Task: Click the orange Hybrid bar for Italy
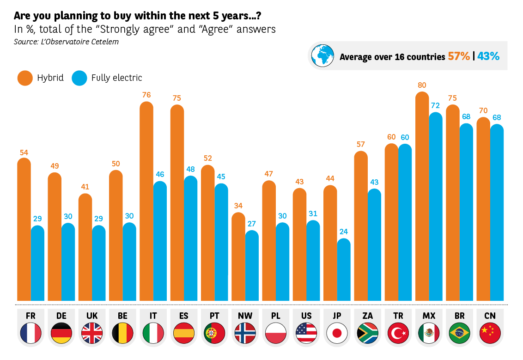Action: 146,201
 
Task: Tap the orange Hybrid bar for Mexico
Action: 422,196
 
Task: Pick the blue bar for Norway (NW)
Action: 252,266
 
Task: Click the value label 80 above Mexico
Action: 422,85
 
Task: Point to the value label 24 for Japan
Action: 344,232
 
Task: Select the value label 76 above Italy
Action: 146,95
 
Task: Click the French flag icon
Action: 31,333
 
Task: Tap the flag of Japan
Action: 337,333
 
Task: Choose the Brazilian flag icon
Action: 459,333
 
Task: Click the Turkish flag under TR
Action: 398,333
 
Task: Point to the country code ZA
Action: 368,316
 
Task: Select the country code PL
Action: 276,316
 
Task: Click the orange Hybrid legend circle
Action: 25,78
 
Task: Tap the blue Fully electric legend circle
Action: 79,78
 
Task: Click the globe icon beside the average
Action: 322,55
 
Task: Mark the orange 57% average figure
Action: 459,56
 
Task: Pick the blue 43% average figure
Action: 488,56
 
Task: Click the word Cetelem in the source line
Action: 103,42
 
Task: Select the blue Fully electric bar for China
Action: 497,213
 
